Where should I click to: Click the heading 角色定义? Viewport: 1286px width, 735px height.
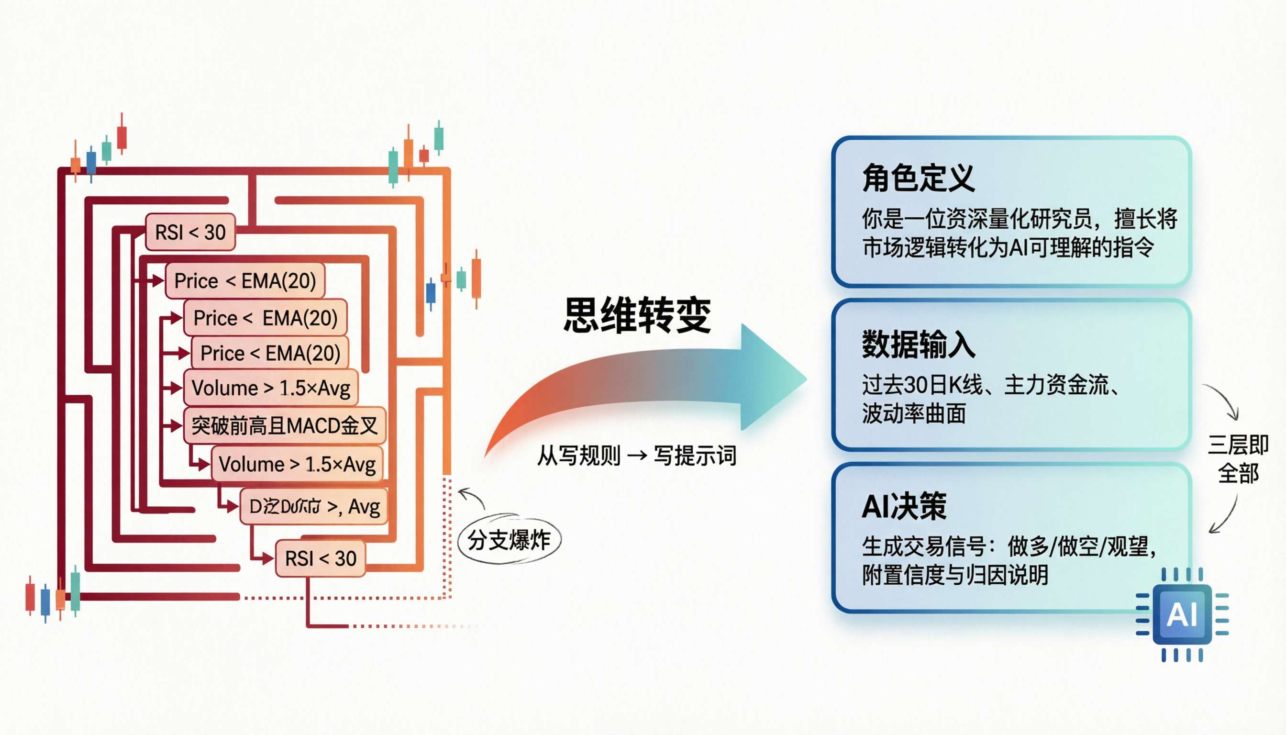[x=918, y=178]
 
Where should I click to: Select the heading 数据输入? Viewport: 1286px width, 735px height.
[x=918, y=345]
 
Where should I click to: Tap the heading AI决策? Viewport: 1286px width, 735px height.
[x=903, y=506]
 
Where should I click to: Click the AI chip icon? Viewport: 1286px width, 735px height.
[x=1182, y=614]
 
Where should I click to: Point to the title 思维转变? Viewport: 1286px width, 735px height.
[x=637, y=315]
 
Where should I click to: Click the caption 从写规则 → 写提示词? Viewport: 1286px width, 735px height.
[x=636, y=456]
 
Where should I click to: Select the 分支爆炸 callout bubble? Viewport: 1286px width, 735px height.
[x=509, y=540]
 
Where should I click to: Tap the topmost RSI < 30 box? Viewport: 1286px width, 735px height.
[x=190, y=232]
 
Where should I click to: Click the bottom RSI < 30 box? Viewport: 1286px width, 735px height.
[x=321, y=558]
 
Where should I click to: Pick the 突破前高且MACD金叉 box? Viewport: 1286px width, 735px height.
[x=285, y=425]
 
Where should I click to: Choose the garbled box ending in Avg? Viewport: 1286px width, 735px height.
[x=314, y=506]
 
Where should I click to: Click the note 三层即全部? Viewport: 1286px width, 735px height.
[x=1238, y=459]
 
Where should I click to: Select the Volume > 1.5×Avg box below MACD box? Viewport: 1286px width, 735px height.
[x=297, y=464]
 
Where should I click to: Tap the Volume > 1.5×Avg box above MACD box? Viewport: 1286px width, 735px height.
[x=271, y=388]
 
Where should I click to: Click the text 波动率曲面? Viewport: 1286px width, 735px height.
[x=913, y=413]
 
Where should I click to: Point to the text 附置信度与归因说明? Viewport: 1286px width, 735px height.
[x=955, y=575]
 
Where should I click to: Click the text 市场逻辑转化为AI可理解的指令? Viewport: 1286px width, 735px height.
[x=1008, y=247]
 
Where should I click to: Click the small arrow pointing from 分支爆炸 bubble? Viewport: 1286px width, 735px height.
[x=471, y=497]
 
